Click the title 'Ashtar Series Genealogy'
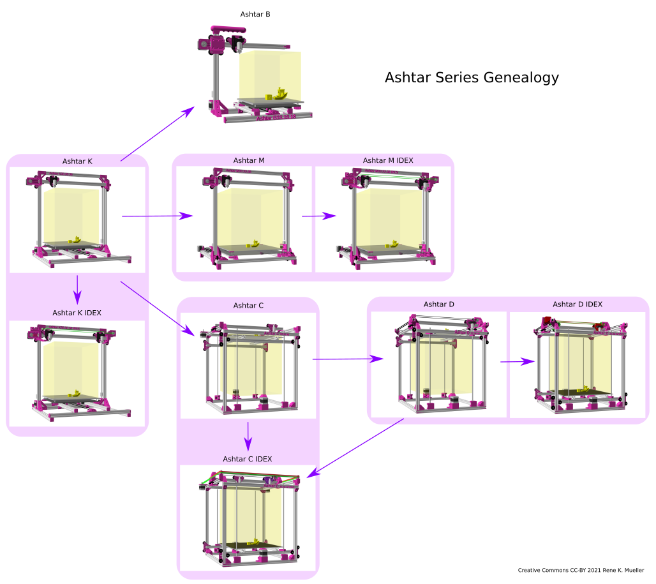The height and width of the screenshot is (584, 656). (x=472, y=78)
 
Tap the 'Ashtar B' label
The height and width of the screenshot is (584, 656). (x=255, y=14)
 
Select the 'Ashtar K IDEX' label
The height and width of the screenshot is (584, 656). (x=77, y=313)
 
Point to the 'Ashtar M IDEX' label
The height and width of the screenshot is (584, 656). (x=388, y=160)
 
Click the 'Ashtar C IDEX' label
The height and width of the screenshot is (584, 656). (x=248, y=459)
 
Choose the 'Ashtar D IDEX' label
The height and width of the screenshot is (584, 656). (x=578, y=304)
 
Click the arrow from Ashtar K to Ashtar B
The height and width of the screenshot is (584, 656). (x=157, y=134)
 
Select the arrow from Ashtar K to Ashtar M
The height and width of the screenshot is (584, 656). (x=157, y=216)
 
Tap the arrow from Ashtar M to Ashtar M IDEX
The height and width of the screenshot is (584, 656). (x=318, y=216)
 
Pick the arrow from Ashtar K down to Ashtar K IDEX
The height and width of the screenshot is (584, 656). (x=77, y=288)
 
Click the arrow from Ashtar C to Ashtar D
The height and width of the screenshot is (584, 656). (x=347, y=359)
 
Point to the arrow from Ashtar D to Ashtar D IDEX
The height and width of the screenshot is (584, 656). (x=517, y=362)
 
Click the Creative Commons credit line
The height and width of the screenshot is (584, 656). (x=581, y=571)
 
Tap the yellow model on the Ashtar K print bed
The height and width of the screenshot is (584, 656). (x=75, y=239)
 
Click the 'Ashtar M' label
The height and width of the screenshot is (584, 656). (x=249, y=160)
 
